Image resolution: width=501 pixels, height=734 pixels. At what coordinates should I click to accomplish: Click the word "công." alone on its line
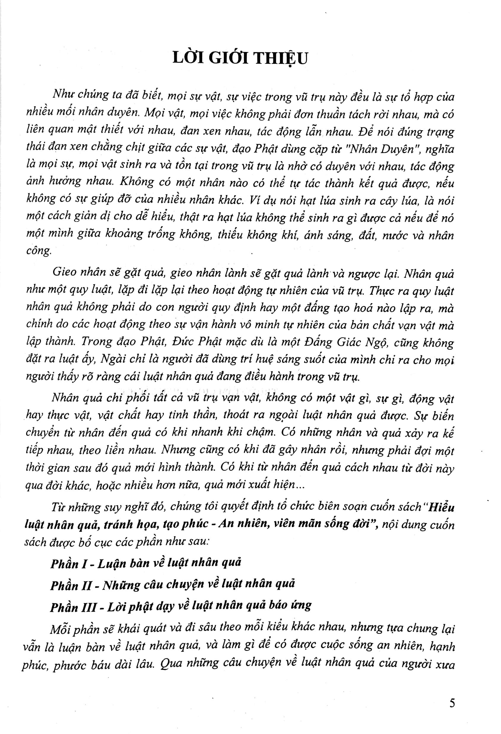[38, 251]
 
